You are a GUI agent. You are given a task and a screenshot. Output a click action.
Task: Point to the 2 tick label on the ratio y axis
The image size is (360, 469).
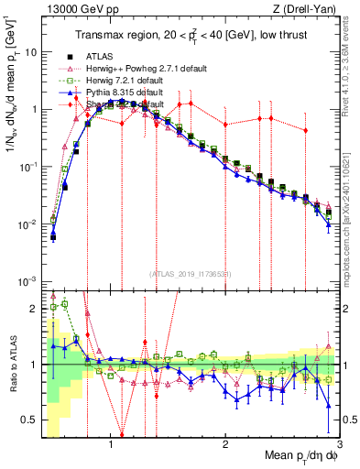pos(35,309)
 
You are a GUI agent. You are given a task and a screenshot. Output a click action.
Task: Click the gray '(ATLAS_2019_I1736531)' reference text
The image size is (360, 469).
pos(191,274)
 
